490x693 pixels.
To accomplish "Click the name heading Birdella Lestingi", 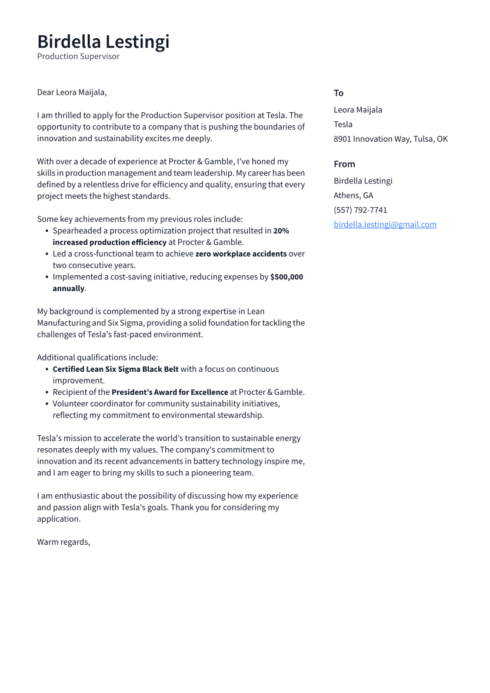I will tap(103, 42).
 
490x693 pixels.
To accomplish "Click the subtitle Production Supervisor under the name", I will tap(78, 56).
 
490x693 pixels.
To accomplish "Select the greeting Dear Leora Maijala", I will tap(72, 92).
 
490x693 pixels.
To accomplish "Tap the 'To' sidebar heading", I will tap(338, 93).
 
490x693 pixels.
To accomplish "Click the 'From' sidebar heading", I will tap(344, 164).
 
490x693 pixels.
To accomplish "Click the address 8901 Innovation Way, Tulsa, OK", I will tap(390, 139).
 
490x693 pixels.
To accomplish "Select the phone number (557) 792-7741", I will tap(360, 210).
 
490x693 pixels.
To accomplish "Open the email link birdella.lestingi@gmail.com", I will tap(385, 224).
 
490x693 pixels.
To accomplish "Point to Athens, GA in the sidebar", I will tap(353, 195).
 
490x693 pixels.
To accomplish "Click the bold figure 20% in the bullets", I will tap(281, 231).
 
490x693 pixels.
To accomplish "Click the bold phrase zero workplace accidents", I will tap(241, 254).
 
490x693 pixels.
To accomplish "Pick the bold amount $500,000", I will tap(286, 276).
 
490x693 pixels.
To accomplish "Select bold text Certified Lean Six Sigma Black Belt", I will tap(115, 369).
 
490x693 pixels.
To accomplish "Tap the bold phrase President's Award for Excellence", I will tap(169, 392).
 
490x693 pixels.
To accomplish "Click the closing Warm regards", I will tap(63, 542).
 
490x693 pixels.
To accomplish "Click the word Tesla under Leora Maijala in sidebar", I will tap(343, 124).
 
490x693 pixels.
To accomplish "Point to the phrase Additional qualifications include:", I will tap(97, 357).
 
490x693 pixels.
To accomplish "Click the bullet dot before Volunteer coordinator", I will tap(46, 404).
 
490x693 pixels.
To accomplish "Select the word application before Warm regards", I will tap(58, 519).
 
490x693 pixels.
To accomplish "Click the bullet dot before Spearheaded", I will tap(46, 231).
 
